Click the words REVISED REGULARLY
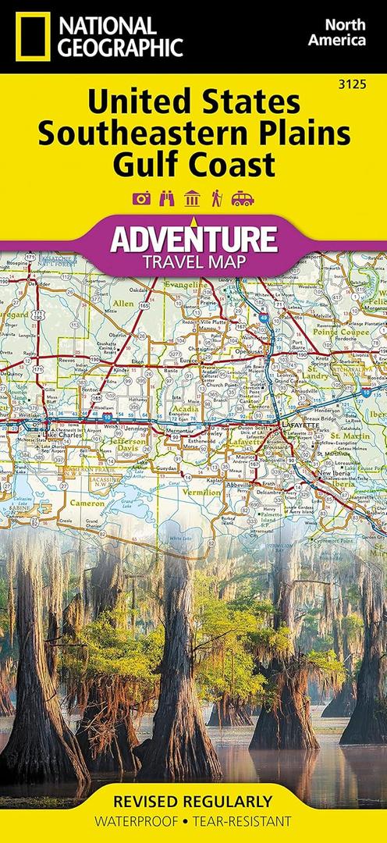click(x=193, y=802)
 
